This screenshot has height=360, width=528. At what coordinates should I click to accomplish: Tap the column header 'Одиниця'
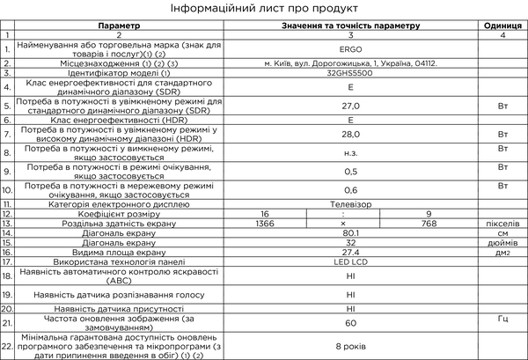click(502, 26)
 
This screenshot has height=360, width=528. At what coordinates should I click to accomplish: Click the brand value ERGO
click(349, 48)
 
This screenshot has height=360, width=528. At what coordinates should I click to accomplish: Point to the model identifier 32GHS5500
click(349, 74)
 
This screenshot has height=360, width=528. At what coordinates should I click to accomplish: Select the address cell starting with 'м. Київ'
click(349, 63)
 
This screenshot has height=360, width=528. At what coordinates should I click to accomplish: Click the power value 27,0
click(349, 106)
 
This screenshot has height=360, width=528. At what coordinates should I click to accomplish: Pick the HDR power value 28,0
click(349, 134)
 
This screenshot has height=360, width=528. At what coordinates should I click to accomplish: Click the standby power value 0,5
click(349, 171)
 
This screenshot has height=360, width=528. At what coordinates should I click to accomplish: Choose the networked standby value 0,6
click(349, 189)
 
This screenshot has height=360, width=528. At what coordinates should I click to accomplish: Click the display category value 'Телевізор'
click(349, 203)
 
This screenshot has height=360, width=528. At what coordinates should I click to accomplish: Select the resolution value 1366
click(263, 223)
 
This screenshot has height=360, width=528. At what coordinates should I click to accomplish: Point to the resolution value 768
click(429, 223)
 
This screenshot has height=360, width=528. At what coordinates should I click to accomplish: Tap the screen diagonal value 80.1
click(349, 232)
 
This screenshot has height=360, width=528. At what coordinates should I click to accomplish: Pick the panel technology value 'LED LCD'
click(349, 261)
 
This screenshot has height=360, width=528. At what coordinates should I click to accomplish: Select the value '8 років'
click(349, 348)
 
